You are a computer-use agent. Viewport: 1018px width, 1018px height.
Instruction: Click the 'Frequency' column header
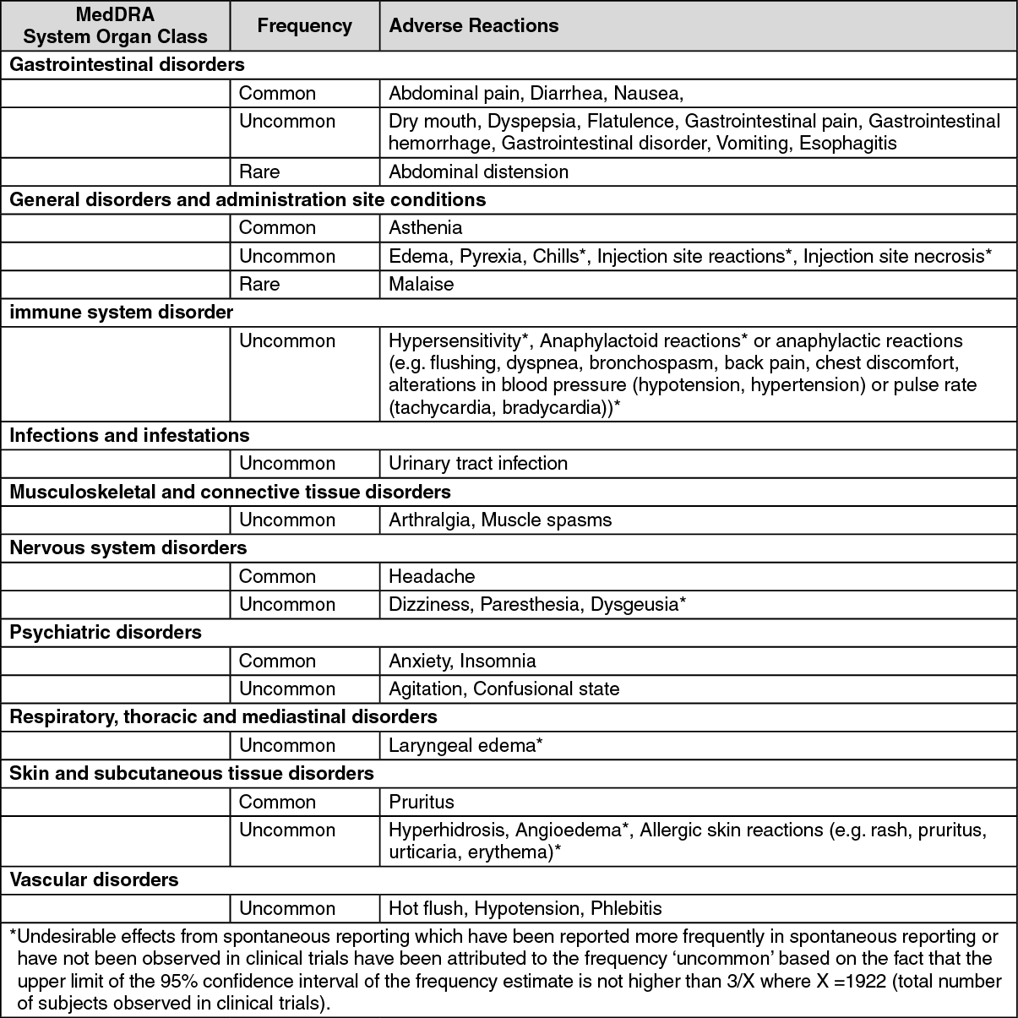(304, 26)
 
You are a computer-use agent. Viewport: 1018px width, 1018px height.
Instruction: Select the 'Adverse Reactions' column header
(473, 26)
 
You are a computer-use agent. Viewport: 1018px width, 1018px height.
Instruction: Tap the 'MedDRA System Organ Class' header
(115, 26)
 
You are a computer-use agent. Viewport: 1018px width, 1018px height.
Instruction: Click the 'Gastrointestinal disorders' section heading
(127, 65)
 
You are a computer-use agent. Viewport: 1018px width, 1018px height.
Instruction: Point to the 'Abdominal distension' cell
(478, 171)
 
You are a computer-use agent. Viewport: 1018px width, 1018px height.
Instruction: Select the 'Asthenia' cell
(425, 228)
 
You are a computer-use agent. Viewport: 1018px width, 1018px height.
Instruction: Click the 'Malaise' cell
(421, 285)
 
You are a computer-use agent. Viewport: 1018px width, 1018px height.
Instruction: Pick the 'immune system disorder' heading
(121, 313)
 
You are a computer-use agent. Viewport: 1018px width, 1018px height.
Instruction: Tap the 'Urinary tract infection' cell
(477, 464)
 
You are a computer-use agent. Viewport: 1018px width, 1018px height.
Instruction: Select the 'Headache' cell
(432, 577)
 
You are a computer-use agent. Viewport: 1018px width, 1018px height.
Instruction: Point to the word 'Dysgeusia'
(634, 605)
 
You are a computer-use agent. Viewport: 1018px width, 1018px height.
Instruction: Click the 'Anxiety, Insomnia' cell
(462, 661)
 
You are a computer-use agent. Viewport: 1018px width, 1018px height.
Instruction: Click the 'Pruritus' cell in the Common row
(421, 803)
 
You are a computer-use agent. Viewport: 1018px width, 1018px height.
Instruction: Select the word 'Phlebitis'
(626, 909)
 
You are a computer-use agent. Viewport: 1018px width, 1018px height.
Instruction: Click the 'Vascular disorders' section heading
(94, 880)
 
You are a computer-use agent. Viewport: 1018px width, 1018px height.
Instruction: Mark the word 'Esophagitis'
(847, 144)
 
